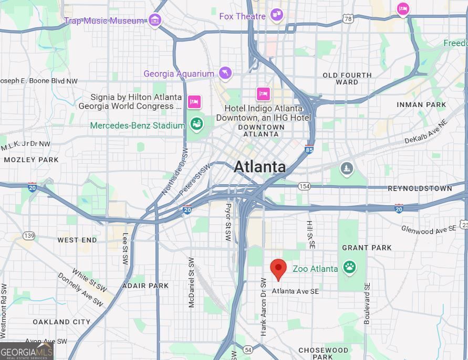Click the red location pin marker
[278, 268]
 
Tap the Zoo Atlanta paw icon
[349, 268]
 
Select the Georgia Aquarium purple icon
[225, 73]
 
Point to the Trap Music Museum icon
[154, 20]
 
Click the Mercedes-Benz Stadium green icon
[196, 124]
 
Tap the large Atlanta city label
[259, 167]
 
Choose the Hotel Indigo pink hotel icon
[263, 94]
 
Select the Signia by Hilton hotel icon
[194, 101]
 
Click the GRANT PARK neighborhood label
[367, 248]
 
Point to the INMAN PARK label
[421, 104]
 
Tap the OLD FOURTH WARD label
[347, 79]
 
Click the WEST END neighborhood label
[77, 240]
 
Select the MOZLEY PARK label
[31, 160]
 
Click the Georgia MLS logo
[27, 351]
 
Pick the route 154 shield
[304, 186]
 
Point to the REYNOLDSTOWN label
[419, 188]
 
